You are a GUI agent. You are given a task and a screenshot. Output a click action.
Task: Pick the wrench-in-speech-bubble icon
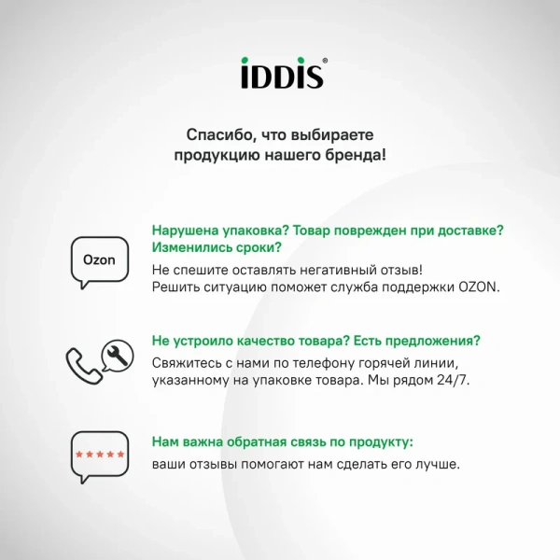(118, 353)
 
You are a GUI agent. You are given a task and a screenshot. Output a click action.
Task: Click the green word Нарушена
(185, 231)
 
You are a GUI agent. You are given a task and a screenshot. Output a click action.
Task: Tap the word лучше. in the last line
(439, 463)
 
